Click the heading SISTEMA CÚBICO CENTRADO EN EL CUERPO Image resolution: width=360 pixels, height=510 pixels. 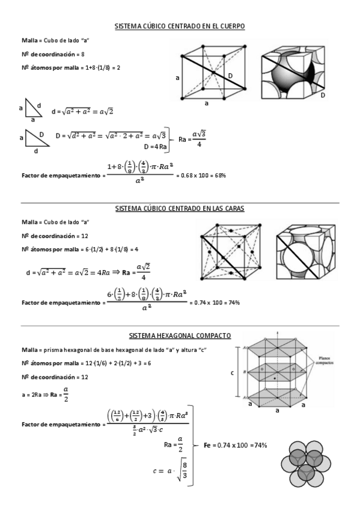180,26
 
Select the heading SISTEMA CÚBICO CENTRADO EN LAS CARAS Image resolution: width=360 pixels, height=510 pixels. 180,209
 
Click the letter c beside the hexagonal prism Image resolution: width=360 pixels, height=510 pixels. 232,373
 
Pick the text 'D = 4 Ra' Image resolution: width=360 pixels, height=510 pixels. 155,146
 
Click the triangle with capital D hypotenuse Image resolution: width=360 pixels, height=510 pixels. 35,138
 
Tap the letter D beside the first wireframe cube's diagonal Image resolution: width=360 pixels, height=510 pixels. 230,75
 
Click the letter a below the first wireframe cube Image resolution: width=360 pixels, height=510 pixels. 206,103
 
